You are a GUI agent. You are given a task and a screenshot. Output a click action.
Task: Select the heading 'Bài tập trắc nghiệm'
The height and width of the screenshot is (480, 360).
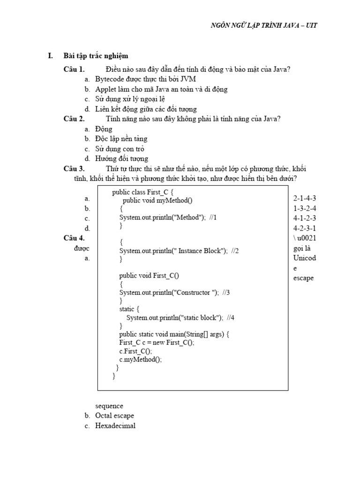click(x=96, y=56)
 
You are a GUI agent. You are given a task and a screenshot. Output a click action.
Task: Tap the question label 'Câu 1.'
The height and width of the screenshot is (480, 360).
click(x=74, y=69)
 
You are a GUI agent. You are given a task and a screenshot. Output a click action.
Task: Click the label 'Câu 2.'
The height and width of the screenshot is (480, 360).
click(x=74, y=119)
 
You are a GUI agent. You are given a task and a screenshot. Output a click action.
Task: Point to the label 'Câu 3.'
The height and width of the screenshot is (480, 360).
click(x=74, y=169)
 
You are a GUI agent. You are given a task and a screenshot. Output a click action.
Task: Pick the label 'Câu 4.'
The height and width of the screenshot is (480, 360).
click(x=74, y=238)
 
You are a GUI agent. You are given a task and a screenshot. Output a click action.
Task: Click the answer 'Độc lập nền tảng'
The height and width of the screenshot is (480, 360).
click(x=121, y=139)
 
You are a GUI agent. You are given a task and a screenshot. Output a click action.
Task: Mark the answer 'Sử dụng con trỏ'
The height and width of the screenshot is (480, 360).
click(x=120, y=149)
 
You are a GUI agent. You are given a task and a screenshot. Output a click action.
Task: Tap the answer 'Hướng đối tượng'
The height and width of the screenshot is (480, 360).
click(x=121, y=159)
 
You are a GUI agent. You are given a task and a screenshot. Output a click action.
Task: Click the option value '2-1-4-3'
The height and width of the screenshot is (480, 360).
click(x=305, y=198)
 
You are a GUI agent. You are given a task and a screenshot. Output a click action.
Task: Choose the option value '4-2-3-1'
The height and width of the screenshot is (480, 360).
click(x=305, y=228)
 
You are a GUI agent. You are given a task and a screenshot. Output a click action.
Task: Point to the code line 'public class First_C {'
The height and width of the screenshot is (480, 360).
click(x=143, y=192)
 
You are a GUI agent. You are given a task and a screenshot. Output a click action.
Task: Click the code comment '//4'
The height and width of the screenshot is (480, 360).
click(x=230, y=317)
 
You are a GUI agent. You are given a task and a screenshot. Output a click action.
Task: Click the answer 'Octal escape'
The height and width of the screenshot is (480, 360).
click(x=114, y=416)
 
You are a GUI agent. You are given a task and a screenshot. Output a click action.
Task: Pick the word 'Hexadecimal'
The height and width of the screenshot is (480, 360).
click(x=115, y=426)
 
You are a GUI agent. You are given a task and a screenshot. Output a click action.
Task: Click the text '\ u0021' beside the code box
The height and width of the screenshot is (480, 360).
click(x=305, y=238)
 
